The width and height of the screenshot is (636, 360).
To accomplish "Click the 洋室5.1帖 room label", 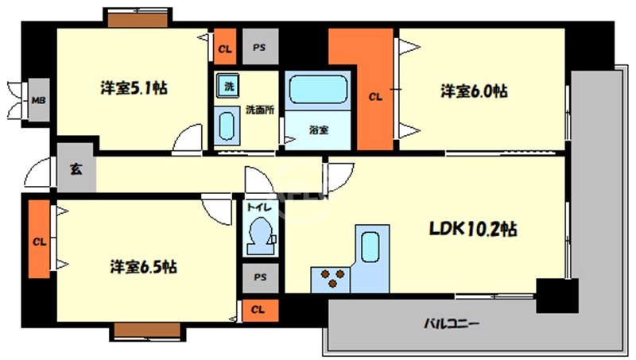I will (x=133, y=87).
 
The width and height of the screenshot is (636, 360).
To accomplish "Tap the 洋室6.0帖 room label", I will (x=475, y=91).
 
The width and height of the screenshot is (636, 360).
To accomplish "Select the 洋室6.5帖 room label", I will (x=143, y=267).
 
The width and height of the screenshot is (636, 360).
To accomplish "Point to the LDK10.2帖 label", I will (x=474, y=230).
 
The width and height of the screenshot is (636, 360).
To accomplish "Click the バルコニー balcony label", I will (x=451, y=324).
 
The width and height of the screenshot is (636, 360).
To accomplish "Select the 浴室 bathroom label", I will (x=320, y=130).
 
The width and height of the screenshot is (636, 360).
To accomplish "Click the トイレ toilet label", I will (x=259, y=207).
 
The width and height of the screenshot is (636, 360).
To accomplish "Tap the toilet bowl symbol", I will (x=260, y=233).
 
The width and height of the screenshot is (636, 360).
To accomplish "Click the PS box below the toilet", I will (x=260, y=277).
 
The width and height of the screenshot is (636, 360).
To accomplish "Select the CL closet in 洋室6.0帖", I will (x=374, y=97).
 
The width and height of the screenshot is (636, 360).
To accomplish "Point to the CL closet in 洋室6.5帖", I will (x=38, y=240).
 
